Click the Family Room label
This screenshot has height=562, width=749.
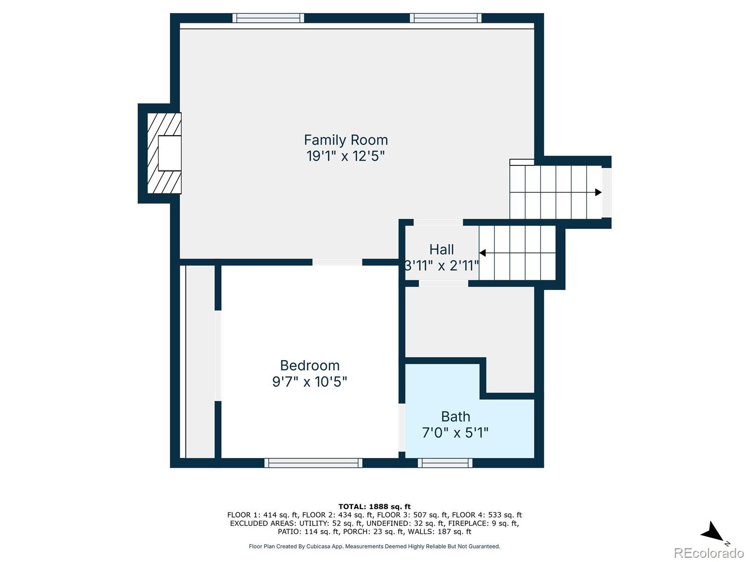tap(345, 140)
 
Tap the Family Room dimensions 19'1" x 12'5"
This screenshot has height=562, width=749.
tap(345, 156)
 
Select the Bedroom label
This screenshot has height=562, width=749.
tap(310, 365)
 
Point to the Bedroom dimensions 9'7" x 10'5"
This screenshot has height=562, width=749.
tap(309, 382)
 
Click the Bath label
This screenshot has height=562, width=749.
tap(455, 417)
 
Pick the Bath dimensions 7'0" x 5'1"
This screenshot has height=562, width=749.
tap(455, 433)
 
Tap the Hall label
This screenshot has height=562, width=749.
tap(441, 250)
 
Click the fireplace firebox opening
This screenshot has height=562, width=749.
tap(169, 153)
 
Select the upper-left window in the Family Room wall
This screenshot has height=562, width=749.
tap(268, 18)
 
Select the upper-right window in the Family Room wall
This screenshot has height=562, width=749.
tap(446, 18)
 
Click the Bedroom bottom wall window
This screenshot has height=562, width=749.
tap(313, 463)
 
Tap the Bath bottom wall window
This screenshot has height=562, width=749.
tap(445, 463)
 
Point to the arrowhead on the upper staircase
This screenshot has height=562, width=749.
tap(598, 192)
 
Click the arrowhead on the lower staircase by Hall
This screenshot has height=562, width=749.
tap(482, 253)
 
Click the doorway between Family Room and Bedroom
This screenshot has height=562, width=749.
tap(337, 262)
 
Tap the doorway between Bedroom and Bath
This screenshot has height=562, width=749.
tap(402, 428)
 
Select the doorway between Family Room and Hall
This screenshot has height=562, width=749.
tap(438, 222)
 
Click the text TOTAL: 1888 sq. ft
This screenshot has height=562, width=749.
tap(374, 506)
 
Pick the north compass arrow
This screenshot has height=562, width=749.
tap(712, 532)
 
